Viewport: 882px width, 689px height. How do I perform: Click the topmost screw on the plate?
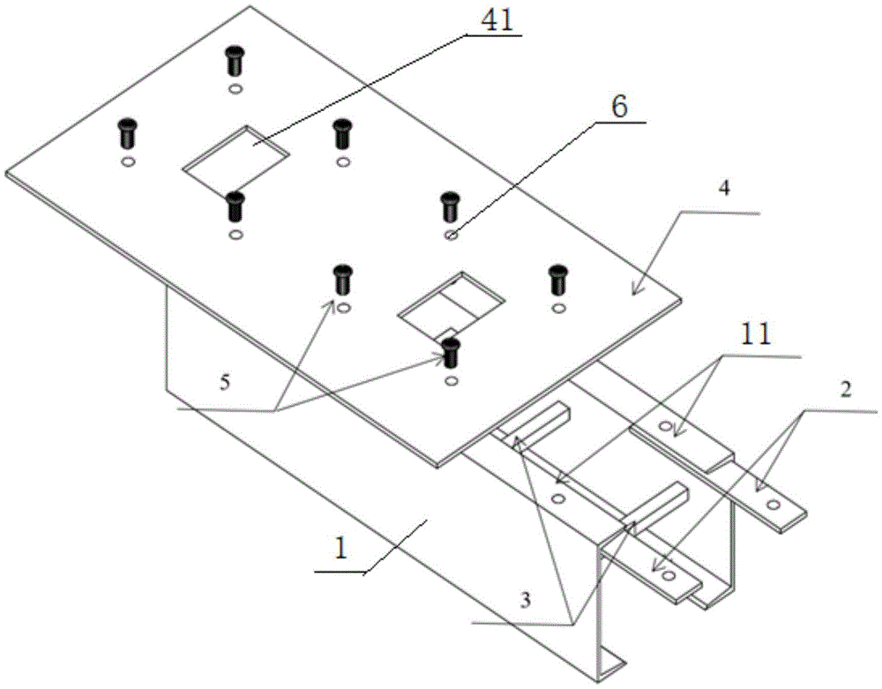234,61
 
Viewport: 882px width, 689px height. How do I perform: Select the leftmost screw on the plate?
126,134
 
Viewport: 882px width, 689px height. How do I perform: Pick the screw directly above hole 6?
449,208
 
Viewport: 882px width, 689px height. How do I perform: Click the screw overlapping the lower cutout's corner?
452,352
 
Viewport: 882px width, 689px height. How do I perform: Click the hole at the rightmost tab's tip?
774,506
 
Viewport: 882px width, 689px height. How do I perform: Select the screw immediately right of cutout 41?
342,134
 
